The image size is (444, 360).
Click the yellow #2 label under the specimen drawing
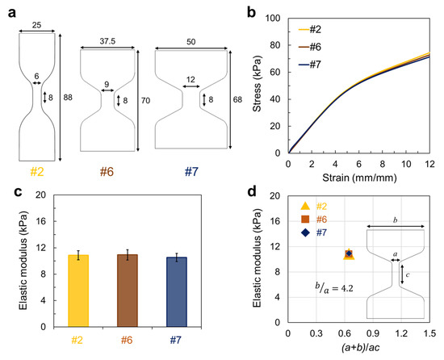click(36, 173)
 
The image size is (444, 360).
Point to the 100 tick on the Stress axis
click(274, 17)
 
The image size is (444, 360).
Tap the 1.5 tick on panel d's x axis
click(425, 332)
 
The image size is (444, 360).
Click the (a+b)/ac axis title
click(355, 348)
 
